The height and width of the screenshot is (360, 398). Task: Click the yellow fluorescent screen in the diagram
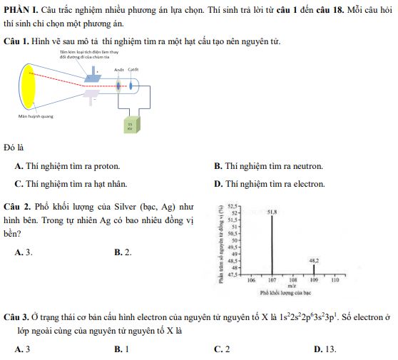[x=29, y=86]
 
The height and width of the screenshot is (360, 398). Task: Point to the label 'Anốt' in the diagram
[x=118, y=69]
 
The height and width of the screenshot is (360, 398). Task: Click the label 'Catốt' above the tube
[x=133, y=69]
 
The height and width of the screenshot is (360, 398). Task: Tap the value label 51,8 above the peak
[x=272, y=212]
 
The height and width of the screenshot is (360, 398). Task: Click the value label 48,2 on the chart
[x=314, y=261]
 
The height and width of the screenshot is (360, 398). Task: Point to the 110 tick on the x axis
[x=335, y=281]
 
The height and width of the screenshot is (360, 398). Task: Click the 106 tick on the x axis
[x=250, y=281]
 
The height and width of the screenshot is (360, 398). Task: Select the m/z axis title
[x=292, y=285]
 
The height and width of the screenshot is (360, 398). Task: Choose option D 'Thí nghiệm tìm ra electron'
[x=269, y=184]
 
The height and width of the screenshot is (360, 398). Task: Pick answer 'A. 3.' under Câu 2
[x=24, y=252]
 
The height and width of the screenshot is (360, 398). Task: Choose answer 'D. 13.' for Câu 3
[x=325, y=349]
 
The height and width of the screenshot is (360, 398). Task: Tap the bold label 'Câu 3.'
[x=16, y=315]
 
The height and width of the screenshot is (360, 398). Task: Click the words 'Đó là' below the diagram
[x=14, y=148]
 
